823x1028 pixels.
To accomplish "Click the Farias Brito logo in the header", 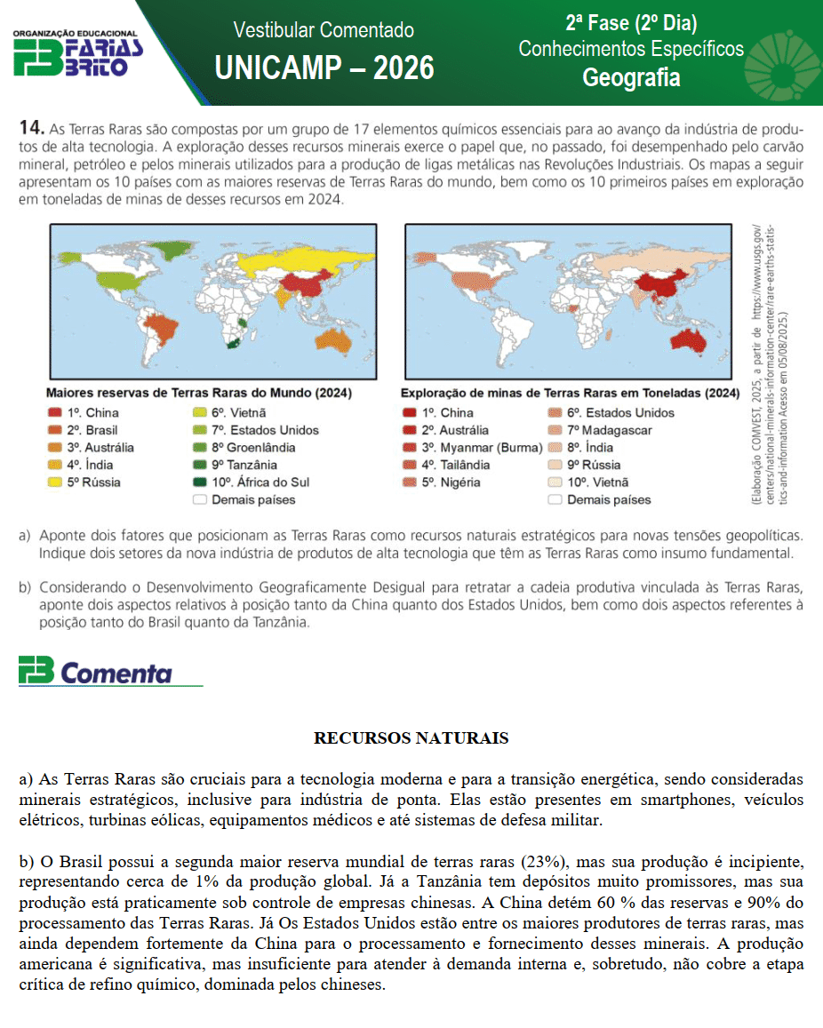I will tap(78, 52).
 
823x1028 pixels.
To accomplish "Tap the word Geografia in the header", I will tap(631, 78).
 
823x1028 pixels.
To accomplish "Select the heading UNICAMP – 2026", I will tap(324, 67).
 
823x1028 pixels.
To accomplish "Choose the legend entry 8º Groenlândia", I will tap(252, 447).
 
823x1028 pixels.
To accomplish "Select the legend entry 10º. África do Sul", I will tap(259, 482).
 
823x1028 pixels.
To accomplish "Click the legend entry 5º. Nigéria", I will tap(451, 482).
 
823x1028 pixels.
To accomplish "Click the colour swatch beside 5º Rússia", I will tap(54, 482).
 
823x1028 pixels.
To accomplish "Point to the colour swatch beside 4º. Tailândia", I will tap(409, 465).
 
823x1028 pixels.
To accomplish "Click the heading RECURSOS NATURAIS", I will tap(411, 738).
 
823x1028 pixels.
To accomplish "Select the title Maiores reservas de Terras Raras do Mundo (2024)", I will tap(198, 393).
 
